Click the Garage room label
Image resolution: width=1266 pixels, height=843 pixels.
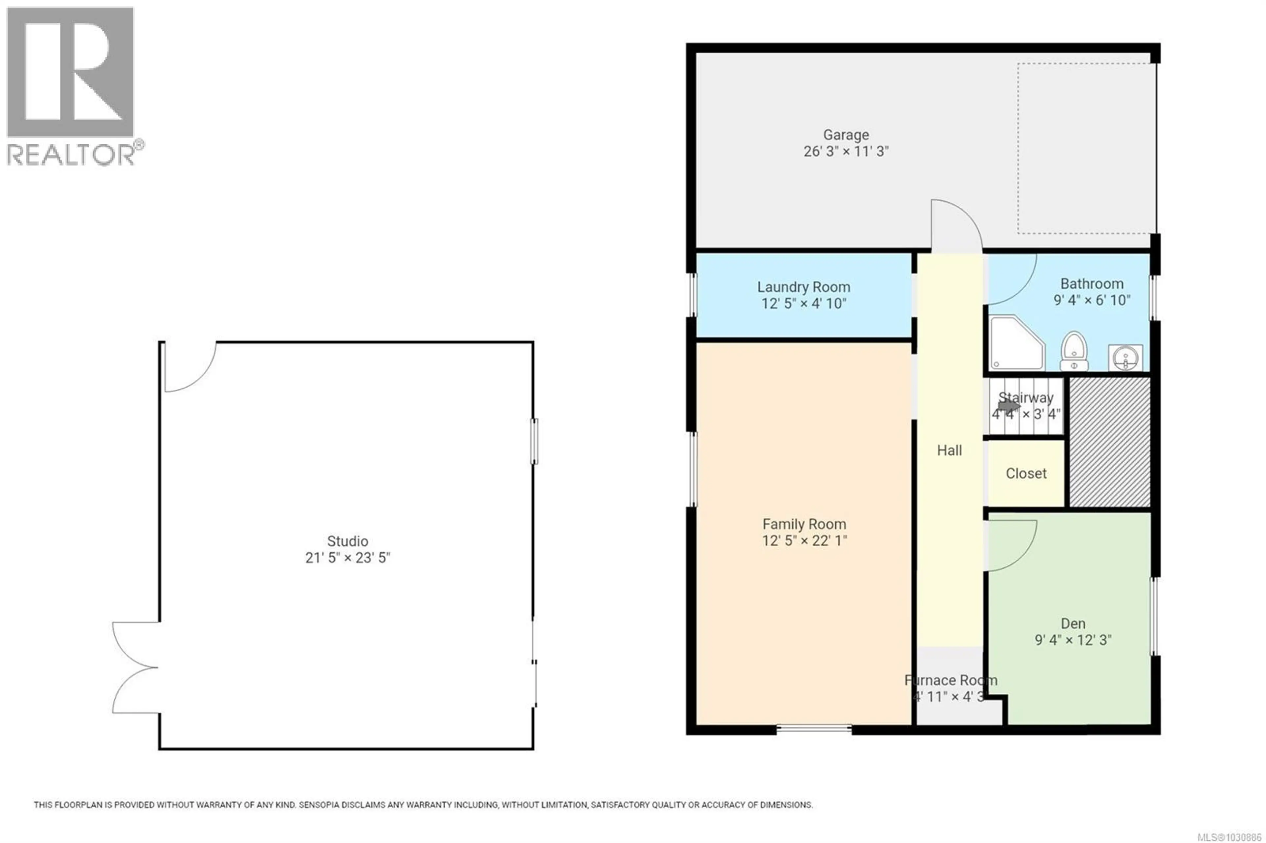(845, 135)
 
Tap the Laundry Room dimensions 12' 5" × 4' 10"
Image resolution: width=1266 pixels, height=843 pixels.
(803, 304)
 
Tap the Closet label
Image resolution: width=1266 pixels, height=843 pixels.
(1026, 474)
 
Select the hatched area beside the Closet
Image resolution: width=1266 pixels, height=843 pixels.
(1109, 442)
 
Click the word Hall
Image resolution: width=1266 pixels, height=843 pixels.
(949, 451)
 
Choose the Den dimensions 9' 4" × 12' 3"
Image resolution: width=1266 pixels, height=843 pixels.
(1073, 640)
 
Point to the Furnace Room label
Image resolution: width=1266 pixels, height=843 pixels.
(951, 681)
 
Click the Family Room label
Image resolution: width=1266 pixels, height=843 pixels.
(804, 524)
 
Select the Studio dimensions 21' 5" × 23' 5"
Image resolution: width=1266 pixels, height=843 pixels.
(347, 558)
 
